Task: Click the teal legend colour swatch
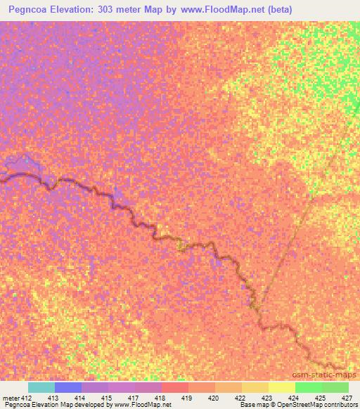click(x=41, y=387)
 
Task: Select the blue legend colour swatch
click(x=68, y=387)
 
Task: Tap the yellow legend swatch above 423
click(x=281, y=387)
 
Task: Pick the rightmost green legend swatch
click(x=335, y=387)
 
